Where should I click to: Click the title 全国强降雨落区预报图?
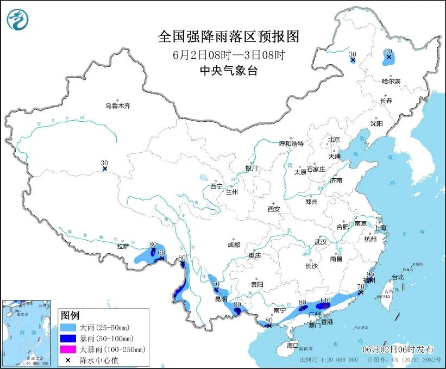click(228, 36)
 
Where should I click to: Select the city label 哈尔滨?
click(390, 81)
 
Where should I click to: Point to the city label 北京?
click(334, 140)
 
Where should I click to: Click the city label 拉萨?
click(122, 246)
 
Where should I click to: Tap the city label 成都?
click(234, 245)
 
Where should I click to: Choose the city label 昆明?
click(221, 299)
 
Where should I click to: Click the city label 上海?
click(380, 227)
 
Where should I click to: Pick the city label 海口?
click(293, 346)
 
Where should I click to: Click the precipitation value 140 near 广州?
click(325, 299)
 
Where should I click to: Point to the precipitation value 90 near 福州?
click(371, 274)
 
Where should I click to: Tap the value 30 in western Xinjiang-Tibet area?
click(104, 162)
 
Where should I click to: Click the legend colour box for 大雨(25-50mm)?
click(68, 328)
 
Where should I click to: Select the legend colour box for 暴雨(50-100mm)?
click(68, 339)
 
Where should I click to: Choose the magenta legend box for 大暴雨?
click(68, 349)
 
